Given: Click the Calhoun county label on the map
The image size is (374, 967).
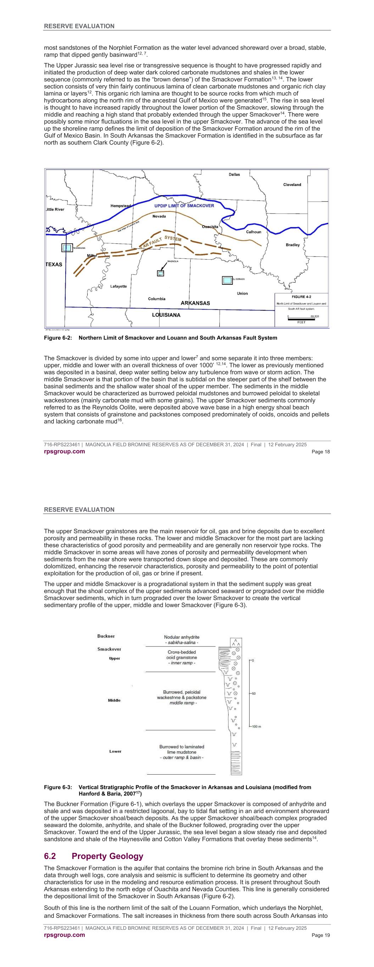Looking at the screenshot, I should tap(253, 232).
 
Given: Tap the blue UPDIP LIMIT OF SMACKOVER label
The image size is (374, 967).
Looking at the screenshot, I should tap(184, 206).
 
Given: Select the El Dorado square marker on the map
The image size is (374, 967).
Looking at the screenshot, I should tap(227, 280).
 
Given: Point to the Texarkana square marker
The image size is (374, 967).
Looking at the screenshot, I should tap(67, 248).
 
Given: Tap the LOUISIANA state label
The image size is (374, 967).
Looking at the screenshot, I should tap(166, 315).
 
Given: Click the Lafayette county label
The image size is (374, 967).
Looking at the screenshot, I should tap(118, 287).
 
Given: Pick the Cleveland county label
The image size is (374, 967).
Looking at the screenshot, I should tap(292, 185).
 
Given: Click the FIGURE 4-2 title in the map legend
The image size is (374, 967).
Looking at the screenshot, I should tap(301, 297).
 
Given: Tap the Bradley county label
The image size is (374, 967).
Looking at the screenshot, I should tap(293, 245).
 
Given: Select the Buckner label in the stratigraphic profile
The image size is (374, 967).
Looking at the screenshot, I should tap(106, 636).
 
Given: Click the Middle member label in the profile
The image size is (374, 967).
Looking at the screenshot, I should tap(114, 700).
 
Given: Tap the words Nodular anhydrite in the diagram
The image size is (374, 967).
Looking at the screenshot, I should tap(182, 637).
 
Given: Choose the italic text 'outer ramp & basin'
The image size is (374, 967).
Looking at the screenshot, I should tap(182, 758).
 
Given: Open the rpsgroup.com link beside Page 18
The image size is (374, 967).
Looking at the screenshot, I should tap(64, 452).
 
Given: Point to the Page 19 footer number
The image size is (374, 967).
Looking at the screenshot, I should tap(320, 935).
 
